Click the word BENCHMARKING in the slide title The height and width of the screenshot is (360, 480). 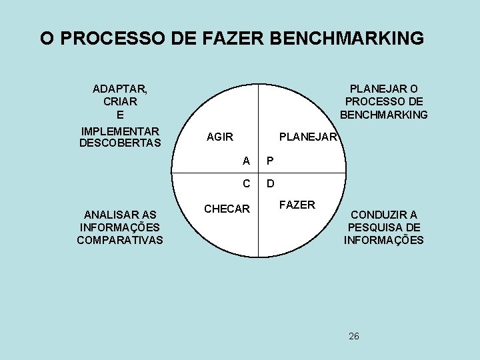pyautogui.click(x=346, y=38)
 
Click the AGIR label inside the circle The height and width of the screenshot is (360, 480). pyautogui.click(x=220, y=137)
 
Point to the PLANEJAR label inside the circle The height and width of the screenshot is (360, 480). pyautogui.click(x=309, y=137)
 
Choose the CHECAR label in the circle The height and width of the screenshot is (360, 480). pyautogui.click(x=227, y=209)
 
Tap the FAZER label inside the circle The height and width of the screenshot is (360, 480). pyautogui.click(x=297, y=205)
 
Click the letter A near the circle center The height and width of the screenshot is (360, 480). pyautogui.click(x=247, y=161)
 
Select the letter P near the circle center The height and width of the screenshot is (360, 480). pyautogui.click(x=269, y=161)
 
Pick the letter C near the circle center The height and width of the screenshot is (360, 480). pyautogui.click(x=247, y=183)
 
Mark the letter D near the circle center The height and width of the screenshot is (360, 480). pyautogui.click(x=270, y=183)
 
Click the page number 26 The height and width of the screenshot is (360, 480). pyautogui.click(x=354, y=335)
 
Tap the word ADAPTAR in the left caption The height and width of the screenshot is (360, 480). pyautogui.click(x=120, y=89)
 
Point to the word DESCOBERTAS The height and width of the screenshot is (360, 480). pyautogui.click(x=120, y=143)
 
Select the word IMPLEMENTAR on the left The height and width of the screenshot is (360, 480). pyautogui.click(x=120, y=131)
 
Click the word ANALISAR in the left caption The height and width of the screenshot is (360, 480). pyautogui.click(x=120, y=215)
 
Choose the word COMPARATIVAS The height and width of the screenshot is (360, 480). pyautogui.click(x=120, y=240)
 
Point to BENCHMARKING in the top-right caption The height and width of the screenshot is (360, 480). pyautogui.click(x=384, y=114)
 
